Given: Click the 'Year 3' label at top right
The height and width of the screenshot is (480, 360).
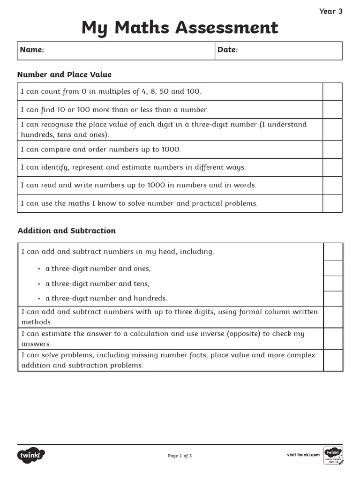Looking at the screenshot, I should [x=330, y=11].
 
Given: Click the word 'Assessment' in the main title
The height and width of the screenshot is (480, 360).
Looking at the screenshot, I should [x=226, y=28].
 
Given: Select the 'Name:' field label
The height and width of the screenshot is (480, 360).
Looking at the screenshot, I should [x=32, y=50].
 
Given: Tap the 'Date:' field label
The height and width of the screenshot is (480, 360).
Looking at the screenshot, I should [x=227, y=50].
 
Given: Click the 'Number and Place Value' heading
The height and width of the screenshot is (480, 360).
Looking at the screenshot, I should [x=64, y=75].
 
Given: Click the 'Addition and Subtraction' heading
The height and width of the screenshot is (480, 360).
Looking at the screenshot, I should [x=67, y=231].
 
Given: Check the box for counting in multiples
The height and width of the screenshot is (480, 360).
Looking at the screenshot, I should [x=332, y=92].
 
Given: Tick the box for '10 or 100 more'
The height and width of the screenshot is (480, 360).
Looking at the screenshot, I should [x=332, y=110].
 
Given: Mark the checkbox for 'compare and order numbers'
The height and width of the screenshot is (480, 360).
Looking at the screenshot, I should [x=332, y=150].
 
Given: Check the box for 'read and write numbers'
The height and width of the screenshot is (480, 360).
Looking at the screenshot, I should [x=332, y=185].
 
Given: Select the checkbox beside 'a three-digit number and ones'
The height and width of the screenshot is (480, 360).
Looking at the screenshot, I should [x=333, y=269].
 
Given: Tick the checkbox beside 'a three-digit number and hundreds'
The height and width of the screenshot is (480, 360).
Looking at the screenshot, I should [x=333, y=299].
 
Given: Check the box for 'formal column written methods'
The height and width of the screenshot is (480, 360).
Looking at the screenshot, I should [x=333, y=317].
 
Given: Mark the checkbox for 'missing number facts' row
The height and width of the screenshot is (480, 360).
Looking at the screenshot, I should [x=333, y=360].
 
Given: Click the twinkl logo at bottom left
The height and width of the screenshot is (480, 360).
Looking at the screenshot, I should [x=31, y=455].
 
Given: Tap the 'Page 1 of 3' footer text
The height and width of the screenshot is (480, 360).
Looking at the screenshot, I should [x=180, y=456].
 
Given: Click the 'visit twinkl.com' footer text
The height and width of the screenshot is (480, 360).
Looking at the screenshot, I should [x=303, y=455].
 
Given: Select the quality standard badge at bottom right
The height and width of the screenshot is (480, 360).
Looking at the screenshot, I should [x=333, y=455].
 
